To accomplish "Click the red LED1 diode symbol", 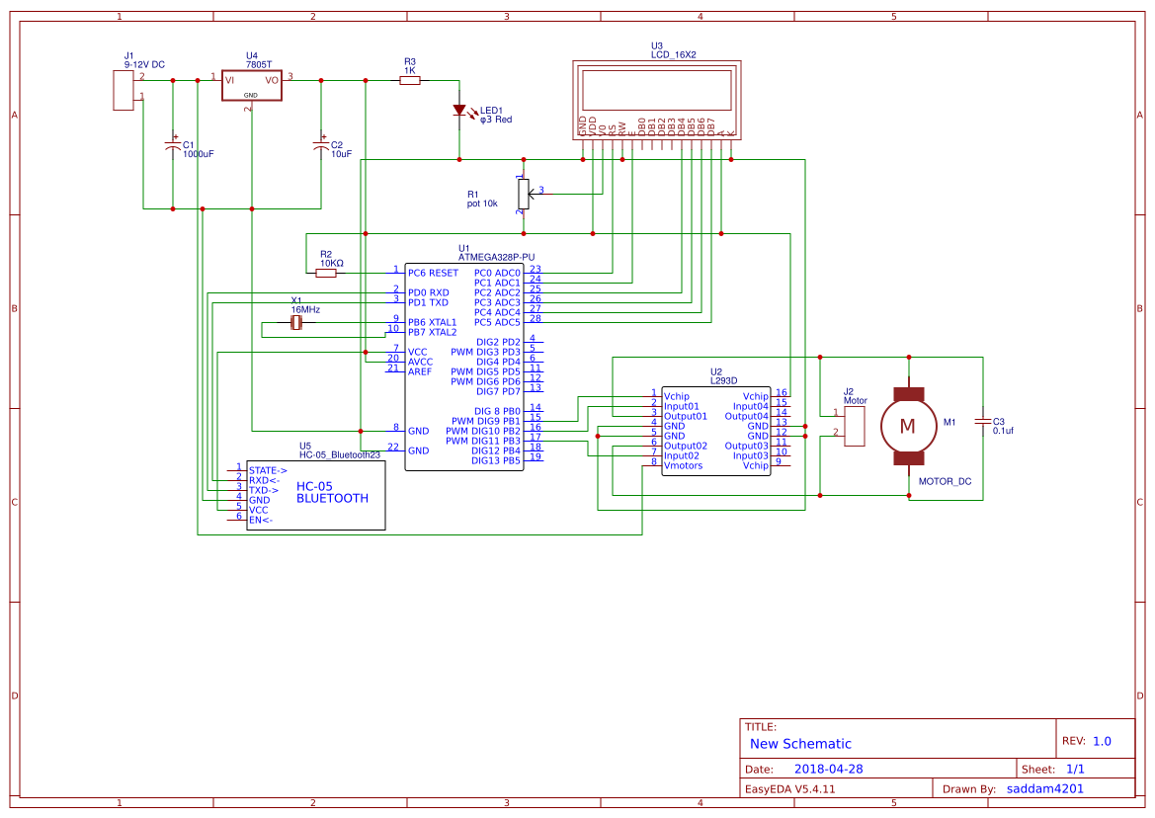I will point(458,111).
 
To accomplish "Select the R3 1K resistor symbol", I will point(410,81).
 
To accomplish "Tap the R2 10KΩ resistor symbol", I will point(326,273).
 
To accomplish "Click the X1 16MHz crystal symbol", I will point(296,323).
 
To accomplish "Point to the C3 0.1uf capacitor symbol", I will point(982,422).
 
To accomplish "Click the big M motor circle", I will point(907,426).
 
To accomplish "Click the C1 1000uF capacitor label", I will point(197,154).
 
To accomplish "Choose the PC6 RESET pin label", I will point(433,273).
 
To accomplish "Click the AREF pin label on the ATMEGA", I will point(420,371).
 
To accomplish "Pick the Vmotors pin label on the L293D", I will point(684,465).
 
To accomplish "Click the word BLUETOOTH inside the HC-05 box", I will point(332,499).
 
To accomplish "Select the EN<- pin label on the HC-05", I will point(261,520).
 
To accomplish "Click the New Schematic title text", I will point(800,744).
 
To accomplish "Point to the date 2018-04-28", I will point(829,769).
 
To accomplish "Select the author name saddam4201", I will point(1044,788).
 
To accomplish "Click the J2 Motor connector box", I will point(855,425).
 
